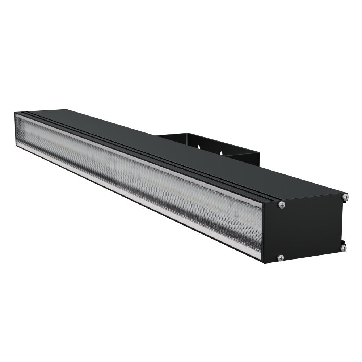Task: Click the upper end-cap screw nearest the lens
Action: pyautogui.click(x=282, y=205)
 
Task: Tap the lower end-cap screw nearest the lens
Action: pyautogui.click(x=281, y=258)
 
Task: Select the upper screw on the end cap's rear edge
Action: pyautogui.click(x=345, y=197)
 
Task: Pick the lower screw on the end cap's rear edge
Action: pyautogui.click(x=343, y=248)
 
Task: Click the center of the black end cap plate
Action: pyautogui.click(x=308, y=228)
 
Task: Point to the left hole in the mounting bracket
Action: pyautogui.click(x=199, y=147)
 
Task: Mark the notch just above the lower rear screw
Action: pyautogui.click(x=343, y=242)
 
